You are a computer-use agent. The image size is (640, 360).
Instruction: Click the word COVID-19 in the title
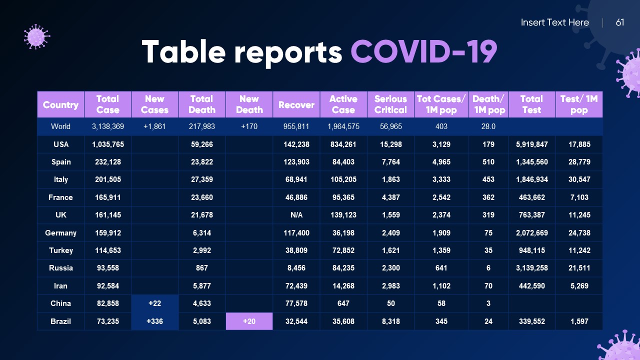click(423, 51)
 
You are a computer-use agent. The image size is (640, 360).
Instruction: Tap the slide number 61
click(620, 22)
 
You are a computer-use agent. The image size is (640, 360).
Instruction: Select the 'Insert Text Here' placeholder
click(554, 22)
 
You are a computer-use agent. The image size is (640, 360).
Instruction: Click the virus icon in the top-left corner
click(37, 37)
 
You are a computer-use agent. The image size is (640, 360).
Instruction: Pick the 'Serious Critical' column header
click(390, 104)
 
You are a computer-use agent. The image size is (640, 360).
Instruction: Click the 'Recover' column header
click(296, 104)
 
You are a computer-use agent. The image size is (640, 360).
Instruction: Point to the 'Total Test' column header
click(531, 104)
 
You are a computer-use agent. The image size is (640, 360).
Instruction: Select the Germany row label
click(60, 232)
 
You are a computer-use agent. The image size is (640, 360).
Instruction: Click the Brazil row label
click(60, 321)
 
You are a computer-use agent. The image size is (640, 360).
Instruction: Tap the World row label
click(60, 126)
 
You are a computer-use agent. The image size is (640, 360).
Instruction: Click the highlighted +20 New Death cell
click(249, 321)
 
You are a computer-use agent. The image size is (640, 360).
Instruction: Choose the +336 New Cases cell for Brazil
click(154, 321)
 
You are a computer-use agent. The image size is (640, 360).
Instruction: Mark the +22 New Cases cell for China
click(154, 303)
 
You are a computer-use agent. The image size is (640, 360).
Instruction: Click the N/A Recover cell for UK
click(296, 215)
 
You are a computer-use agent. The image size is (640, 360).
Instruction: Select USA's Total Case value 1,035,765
click(108, 144)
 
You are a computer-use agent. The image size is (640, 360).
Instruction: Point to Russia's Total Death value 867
click(202, 268)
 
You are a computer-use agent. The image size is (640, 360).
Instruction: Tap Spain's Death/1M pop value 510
click(488, 162)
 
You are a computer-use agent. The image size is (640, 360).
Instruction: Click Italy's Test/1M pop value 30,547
click(579, 179)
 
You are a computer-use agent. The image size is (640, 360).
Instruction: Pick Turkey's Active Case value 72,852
click(343, 250)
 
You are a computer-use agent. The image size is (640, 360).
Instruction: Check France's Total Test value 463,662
click(531, 197)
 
